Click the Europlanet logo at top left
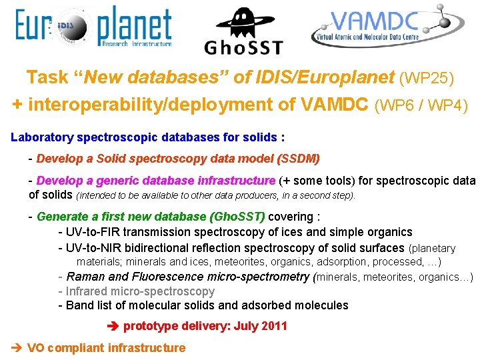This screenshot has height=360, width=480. tap(93, 28)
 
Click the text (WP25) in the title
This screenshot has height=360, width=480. tap(427, 79)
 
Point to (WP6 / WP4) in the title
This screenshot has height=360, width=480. tap(422, 105)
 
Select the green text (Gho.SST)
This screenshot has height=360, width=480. tap(237, 216)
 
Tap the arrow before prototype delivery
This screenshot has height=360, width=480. tap(112, 326)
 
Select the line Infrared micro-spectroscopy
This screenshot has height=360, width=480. tap(140, 291)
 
